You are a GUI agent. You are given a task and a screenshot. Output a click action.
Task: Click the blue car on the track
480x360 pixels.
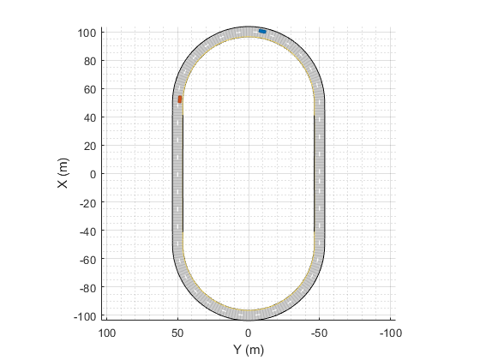[262, 31]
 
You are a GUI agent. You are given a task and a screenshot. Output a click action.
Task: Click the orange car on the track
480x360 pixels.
[180, 99]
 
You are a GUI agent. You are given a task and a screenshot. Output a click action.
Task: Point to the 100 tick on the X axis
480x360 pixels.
[87, 33]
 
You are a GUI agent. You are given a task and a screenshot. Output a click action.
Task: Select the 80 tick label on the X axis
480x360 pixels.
[90, 61]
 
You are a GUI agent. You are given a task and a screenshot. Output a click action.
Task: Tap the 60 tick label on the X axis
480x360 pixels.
[90, 89]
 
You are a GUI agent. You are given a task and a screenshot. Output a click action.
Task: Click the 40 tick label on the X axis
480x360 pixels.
[90, 117]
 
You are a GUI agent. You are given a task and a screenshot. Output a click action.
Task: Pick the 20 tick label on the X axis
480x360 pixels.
[90, 146]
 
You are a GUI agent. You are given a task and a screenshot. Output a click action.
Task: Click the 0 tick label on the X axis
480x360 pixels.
[93, 174]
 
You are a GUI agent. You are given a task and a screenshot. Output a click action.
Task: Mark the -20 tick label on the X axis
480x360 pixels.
[87, 202]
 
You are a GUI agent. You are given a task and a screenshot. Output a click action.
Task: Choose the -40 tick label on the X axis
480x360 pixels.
[87, 231]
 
